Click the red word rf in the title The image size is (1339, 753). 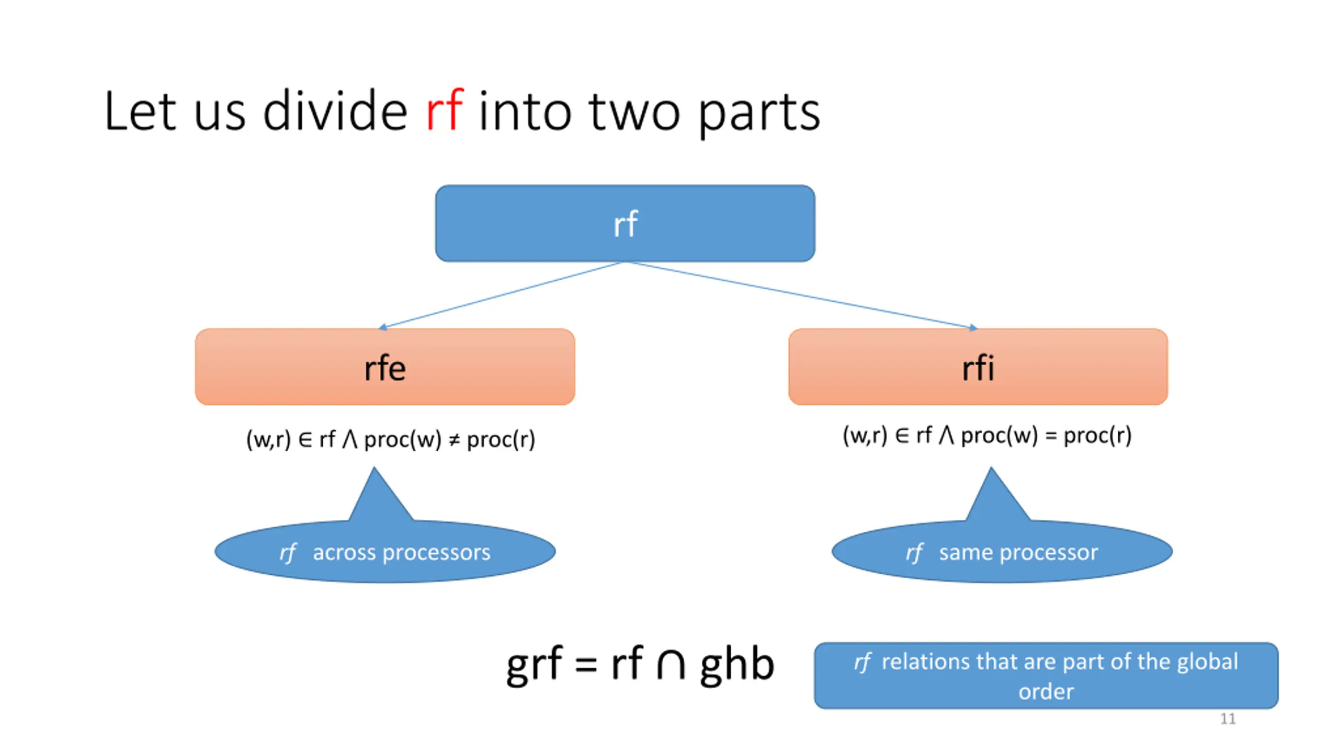(444, 110)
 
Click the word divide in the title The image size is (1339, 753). (335, 110)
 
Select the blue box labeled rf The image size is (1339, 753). (625, 223)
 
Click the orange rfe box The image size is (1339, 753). (385, 367)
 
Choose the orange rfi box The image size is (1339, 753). (978, 367)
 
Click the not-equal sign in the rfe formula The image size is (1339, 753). (455, 440)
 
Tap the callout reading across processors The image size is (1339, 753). (385, 551)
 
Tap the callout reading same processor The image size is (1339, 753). (1002, 551)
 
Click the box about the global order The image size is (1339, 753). (1046, 676)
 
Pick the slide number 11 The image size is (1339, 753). (1228, 719)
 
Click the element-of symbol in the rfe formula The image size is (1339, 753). (305, 440)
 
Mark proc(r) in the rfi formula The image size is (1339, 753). (1098, 436)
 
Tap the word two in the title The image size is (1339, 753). (634, 112)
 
